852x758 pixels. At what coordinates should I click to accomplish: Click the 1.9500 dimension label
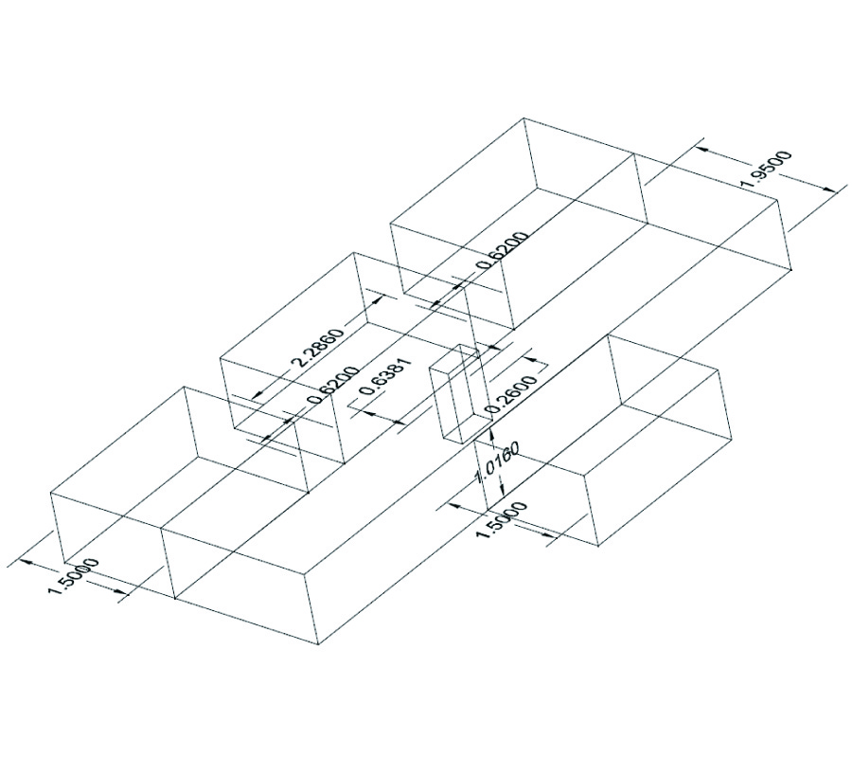pos(766,170)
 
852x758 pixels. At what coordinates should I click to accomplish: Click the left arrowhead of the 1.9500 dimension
pos(701,147)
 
